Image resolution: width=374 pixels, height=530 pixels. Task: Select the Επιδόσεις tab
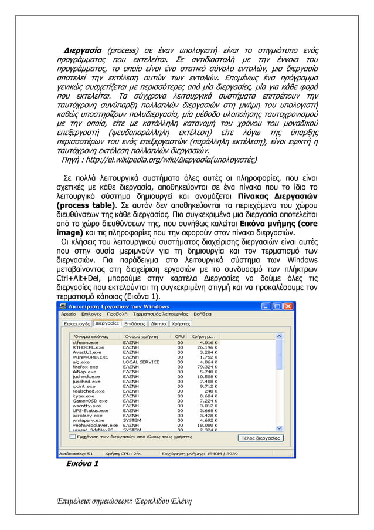[134, 323]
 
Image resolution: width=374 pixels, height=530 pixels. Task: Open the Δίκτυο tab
[158, 323]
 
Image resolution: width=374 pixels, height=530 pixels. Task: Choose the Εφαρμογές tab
[76, 323]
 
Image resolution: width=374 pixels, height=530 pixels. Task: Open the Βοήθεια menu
[202, 314]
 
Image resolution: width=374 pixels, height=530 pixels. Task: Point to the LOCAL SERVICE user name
[141, 362]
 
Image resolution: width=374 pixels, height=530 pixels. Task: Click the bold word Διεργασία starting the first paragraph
[83, 47]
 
